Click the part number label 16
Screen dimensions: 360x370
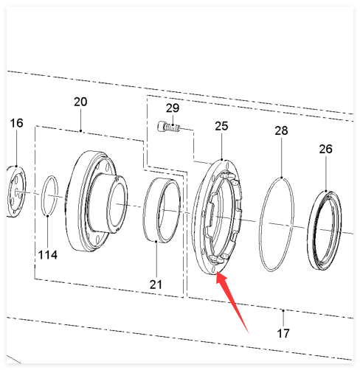16,123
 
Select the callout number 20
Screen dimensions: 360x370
80,102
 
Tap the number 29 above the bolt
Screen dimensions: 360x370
173,108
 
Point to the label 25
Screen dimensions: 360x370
221,126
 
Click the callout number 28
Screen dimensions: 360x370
281,130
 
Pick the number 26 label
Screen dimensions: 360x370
325,149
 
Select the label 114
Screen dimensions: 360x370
48,255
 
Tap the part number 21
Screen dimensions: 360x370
156,285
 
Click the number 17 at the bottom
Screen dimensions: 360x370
283,333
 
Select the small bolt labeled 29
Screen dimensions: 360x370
169,127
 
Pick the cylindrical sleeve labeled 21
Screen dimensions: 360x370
145,209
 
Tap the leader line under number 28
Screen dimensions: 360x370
282,157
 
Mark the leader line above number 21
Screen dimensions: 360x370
156,260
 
